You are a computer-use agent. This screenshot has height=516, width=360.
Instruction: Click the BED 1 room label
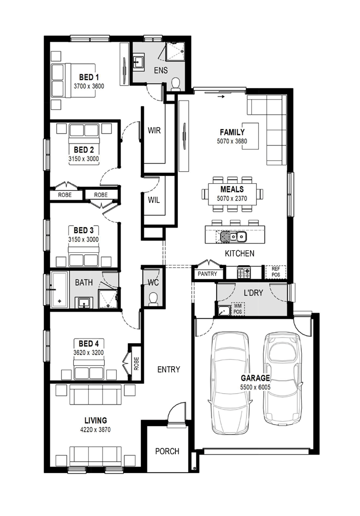pyautogui.click(x=89, y=77)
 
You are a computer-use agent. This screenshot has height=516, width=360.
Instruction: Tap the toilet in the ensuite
pyautogui.click(x=176, y=84)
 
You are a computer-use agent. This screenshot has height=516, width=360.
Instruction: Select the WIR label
pyautogui.click(x=154, y=131)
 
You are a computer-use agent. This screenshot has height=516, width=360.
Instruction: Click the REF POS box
pyautogui.click(x=276, y=272)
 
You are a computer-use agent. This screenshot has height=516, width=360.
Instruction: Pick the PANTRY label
pyautogui.click(x=207, y=274)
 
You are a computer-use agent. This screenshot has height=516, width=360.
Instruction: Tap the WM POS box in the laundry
pyautogui.click(x=238, y=309)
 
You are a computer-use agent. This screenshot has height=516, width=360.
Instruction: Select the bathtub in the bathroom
pyautogui.click(x=59, y=290)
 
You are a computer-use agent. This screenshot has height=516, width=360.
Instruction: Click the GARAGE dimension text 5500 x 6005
pyautogui.click(x=255, y=388)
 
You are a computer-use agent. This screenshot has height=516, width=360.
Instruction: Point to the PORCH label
pyautogui.click(x=167, y=451)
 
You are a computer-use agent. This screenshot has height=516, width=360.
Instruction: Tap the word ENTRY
pyautogui.click(x=169, y=369)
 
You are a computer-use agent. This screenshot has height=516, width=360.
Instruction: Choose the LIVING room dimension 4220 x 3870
pyautogui.click(x=95, y=429)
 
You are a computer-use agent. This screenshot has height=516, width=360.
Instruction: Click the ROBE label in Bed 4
pyautogui.click(x=136, y=364)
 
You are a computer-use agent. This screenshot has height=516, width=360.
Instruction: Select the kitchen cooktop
pyautogui.click(x=244, y=272)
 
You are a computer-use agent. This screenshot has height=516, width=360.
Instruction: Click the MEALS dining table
pyautogui.click(x=232, y=194)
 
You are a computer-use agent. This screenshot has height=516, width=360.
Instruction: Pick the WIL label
pyautogui.click(x=154, y=200)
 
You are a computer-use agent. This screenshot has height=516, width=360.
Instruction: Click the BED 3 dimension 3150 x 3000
pyautogui.click(x=84, y=239)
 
